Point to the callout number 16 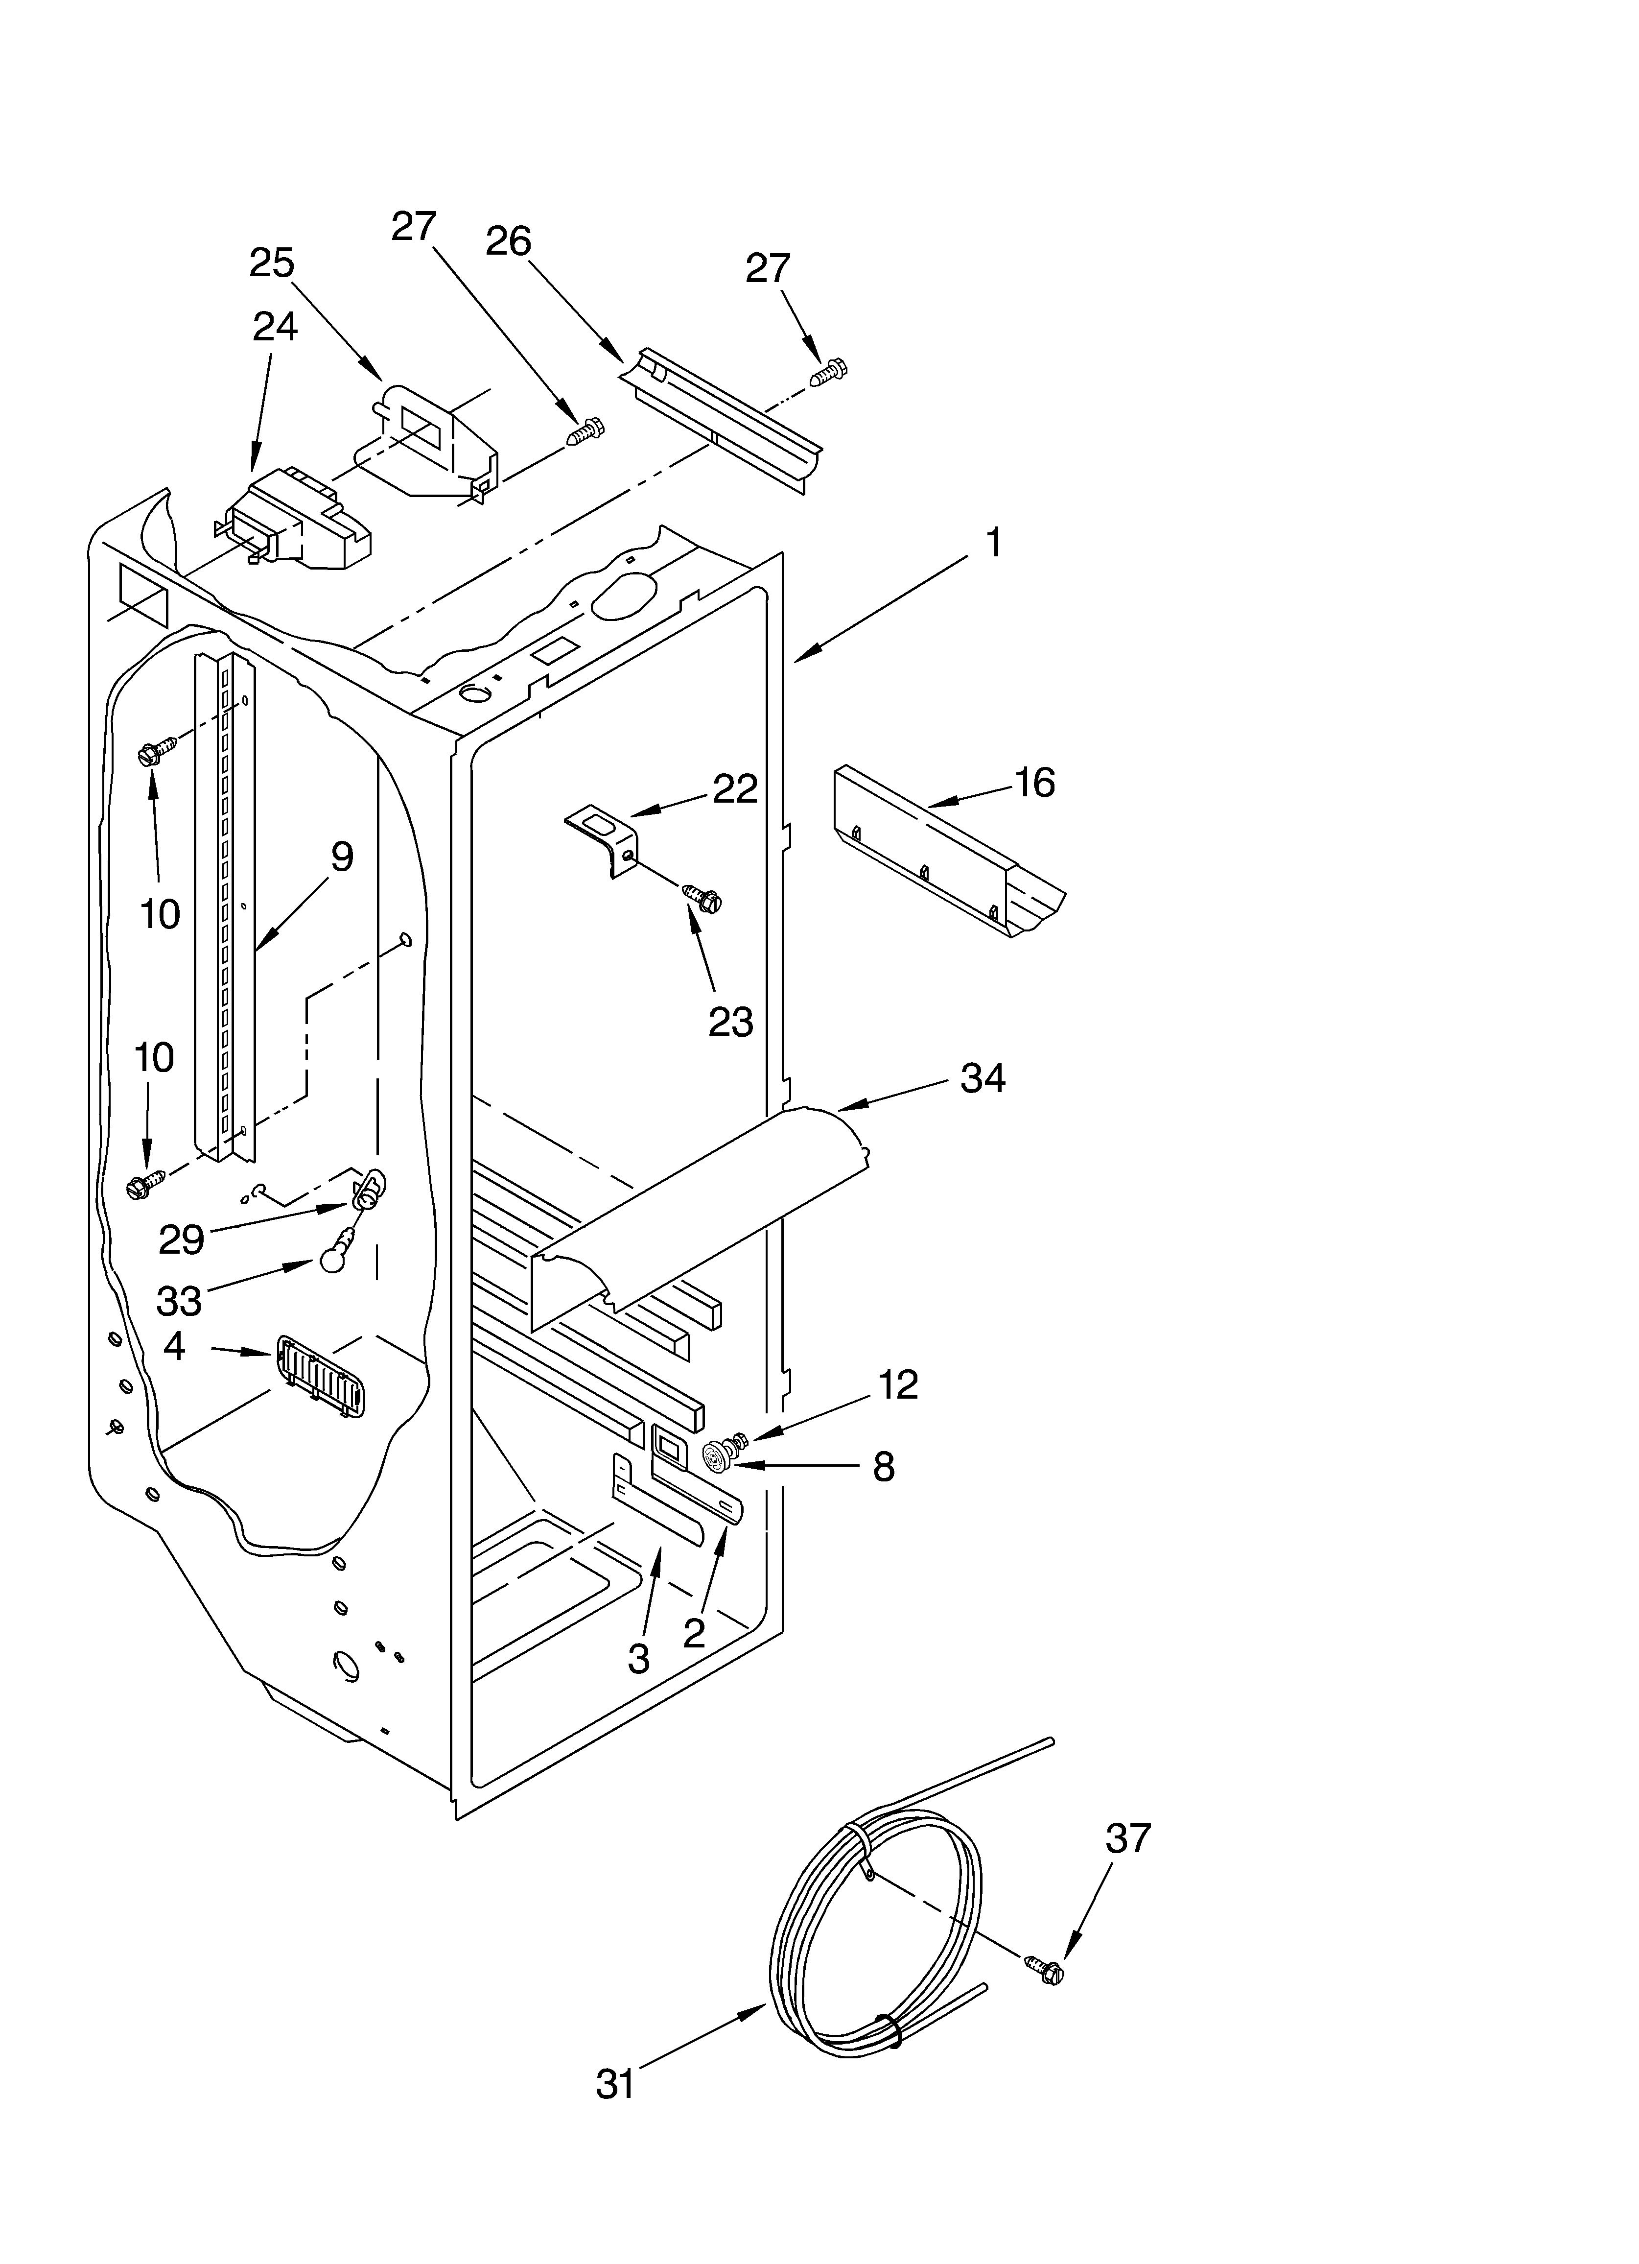[1035, 783]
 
